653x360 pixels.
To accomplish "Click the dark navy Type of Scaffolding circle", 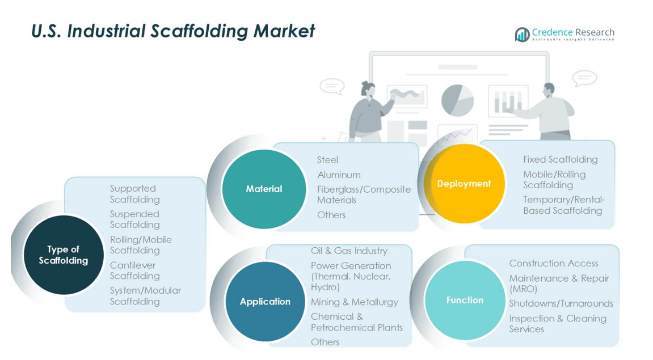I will tap(63, 255).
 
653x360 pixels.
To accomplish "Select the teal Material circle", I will tap(264, 189).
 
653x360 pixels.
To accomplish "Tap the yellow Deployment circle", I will tap(464, 184).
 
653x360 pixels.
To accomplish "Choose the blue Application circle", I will tap(265, 302).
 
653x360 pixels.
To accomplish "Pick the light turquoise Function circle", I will tap(465, 300).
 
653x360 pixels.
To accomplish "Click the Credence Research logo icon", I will tap(522, 35).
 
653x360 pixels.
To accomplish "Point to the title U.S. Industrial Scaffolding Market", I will tap(173, 31).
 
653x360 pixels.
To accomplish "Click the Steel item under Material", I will tap(327, 160).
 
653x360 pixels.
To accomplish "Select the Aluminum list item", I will tap(339, 175).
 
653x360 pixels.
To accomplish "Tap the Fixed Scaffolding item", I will tap(560, 159).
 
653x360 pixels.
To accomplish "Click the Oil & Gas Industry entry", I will tap(349, 251).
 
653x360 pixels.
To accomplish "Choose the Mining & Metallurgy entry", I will tap(354, 302).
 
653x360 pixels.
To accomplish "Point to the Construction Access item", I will tap(553, 263).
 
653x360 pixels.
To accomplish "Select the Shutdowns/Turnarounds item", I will tap(561, 303).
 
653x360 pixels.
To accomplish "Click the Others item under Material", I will tap(331, 215).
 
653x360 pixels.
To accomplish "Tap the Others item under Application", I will tap(325, 342).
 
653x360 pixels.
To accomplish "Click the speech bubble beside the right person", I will tap(584, 78).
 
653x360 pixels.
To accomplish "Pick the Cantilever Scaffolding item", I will tap(134, 270).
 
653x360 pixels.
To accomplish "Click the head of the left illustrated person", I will tap(368, 88).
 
